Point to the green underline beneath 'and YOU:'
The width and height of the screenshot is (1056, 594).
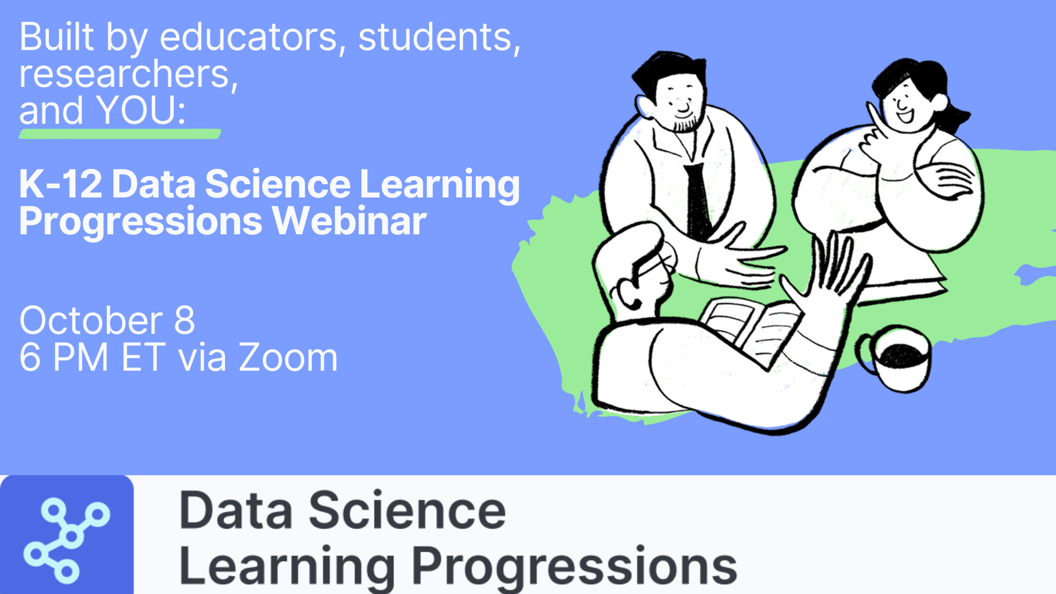pos(120,134)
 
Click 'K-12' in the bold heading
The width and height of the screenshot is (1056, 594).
pos(61,184)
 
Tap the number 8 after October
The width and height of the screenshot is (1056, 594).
pos(185,320)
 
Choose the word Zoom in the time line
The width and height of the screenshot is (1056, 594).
pos(288,358)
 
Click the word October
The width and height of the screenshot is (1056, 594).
pos(91,320)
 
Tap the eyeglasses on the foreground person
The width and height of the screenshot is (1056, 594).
pos(654,267)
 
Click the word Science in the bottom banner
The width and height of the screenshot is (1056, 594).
pos(407,511)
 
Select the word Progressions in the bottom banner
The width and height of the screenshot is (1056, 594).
pos(574,566)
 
